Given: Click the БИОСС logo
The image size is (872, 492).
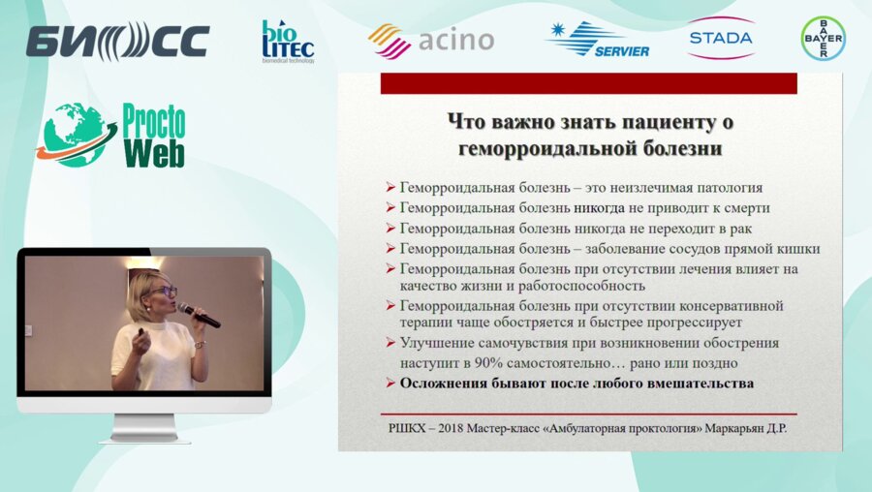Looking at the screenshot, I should tap(117, 41).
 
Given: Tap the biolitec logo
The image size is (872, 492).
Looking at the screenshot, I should tap(287, 42).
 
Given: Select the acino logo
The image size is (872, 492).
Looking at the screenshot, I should tap(431, 41).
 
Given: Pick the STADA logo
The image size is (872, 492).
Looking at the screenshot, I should tap(720, 39).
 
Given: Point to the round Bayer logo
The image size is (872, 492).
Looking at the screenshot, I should tap(823, 39).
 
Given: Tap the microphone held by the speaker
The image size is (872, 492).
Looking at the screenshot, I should tap(199, 315).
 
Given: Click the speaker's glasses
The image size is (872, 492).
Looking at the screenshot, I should tap(161, 291).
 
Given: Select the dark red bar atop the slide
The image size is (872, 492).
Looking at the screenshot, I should tap(588, 83).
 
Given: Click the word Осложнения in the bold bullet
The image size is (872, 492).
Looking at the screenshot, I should tap(447, 384).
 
